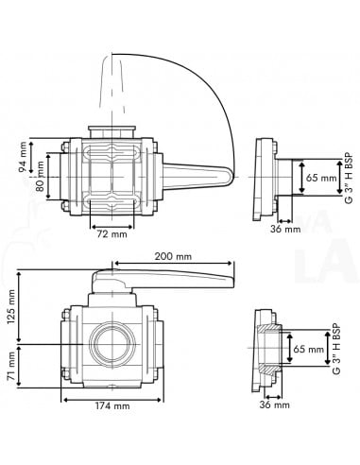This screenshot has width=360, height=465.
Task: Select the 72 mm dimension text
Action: point(112,234)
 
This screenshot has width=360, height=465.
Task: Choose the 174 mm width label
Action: point(112,406)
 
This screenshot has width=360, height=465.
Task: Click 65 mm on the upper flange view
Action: point(321,177)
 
